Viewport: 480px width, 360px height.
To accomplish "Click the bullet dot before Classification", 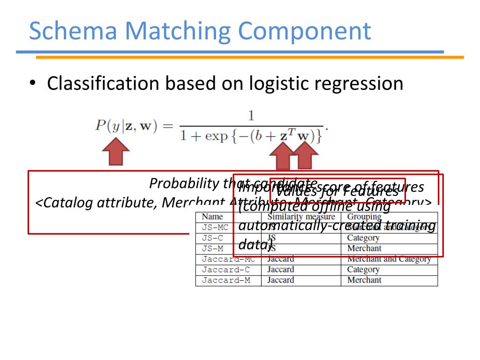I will pyautogui.click(x=32, y=83).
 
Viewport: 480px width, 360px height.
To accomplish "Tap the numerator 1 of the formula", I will pyautogui.click(x=251, y=115).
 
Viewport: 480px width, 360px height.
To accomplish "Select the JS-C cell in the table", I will pyautogui.click(x=212, y=238).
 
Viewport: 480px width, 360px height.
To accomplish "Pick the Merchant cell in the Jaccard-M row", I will pyautogui.click(x=364, y=280).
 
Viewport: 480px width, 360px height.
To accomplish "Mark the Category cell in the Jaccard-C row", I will pyautogui.click(x=363, y=270).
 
